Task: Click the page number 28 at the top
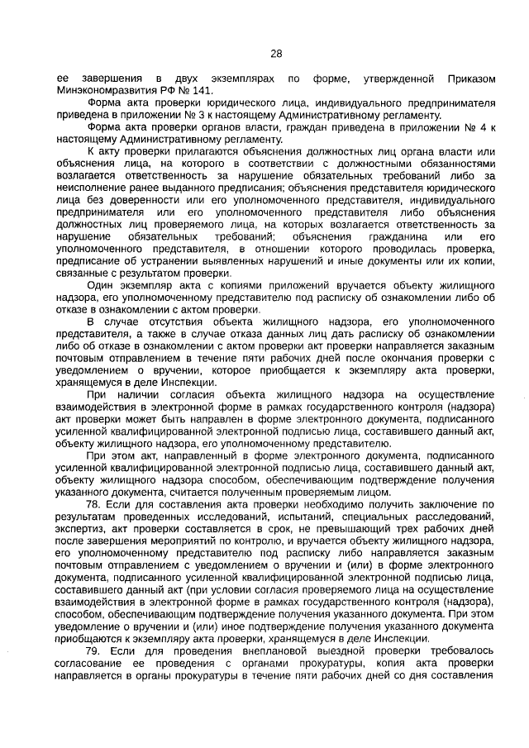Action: coord(275,54)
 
